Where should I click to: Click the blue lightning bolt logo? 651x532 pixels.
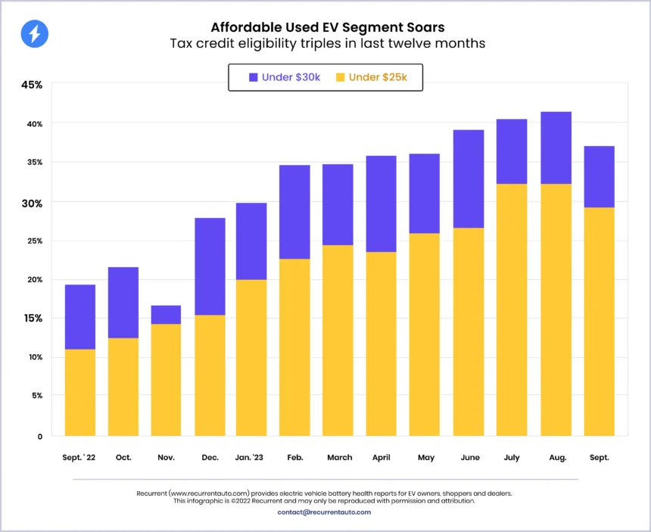[x=35, y=34]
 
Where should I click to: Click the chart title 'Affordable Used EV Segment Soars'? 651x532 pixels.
[x=326, y=27]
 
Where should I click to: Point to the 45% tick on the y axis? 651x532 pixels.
[x=32, y=85]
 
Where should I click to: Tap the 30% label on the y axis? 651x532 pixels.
[x=32, y=203]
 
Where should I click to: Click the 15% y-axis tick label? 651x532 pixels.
[x=32, y=318]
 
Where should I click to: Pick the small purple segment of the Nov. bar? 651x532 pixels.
[x=166, y=315]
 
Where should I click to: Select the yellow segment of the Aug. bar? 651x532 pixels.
[x=556, y=310]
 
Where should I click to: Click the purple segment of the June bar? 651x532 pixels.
[x=469, y=179]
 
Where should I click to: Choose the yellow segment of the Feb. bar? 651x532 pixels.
[x=294, y=347]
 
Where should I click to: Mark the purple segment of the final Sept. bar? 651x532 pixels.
[x=599, y=176]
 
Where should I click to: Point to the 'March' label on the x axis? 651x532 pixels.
[x=339, y=458]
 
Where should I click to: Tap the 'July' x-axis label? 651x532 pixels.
[x=512, y=458]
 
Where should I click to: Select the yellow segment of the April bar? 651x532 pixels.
[x=382, y=344]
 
